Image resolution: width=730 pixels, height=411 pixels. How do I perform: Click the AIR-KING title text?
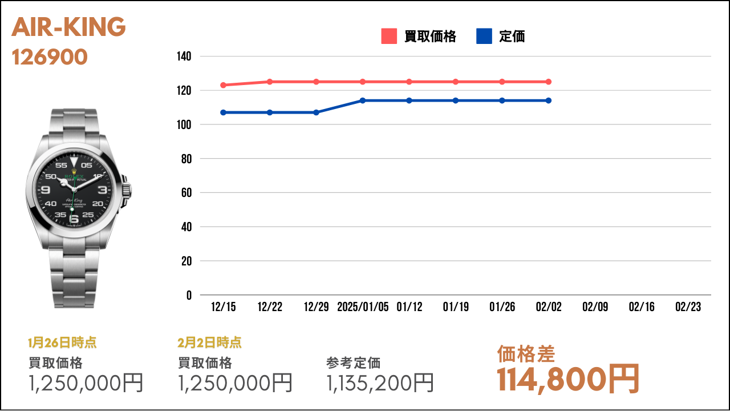pos(68,27)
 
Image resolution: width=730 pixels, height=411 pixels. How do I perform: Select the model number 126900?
pos(50,57)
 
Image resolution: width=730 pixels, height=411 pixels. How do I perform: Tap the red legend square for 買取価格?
pos(389,36)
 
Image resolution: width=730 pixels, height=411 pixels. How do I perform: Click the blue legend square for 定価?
pos(484,36)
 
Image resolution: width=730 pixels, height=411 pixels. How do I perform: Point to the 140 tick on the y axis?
pos(184,56)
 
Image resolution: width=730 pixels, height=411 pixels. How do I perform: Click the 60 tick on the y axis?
pos(186,192)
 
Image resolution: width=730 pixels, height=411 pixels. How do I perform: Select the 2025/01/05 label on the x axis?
pos(363,307)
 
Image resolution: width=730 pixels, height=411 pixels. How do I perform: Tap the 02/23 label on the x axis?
pos(688,307)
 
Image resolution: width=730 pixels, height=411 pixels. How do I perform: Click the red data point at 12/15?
pos(223,85)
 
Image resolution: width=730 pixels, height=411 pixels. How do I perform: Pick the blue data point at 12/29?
pos(316,112)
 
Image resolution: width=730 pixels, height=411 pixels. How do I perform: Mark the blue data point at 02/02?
pos(549,100)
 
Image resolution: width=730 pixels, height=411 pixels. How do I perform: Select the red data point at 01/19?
pos(456,82)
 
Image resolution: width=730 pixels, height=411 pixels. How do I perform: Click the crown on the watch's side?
pos(127,190)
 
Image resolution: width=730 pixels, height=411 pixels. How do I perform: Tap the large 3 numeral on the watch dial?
pos(102,190)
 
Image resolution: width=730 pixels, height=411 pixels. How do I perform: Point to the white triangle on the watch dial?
pos(74,162)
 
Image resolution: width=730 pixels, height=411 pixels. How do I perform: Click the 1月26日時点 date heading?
pos(62,342)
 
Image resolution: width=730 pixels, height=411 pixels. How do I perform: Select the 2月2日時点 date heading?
pos(209,342)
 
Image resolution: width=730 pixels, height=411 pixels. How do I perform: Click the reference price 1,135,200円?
pos(380,382)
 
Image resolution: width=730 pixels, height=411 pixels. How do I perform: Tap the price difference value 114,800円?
pos(567,379)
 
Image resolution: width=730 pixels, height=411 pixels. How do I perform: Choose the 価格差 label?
pos(526,354)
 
